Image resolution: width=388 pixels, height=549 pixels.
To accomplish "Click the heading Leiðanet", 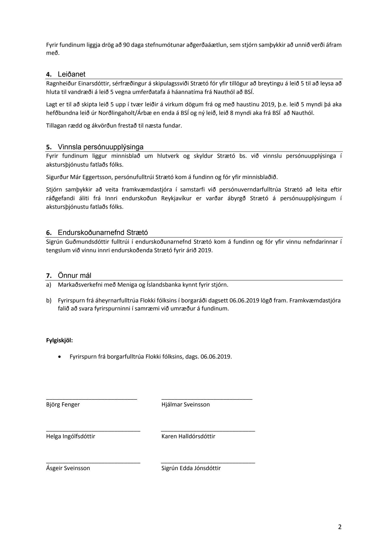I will (71, 74).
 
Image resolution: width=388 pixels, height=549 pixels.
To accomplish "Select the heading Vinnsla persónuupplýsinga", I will (100, 147).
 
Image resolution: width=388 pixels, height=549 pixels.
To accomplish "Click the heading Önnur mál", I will (74, 275).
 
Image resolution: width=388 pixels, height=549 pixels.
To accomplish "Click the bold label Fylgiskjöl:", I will (59, 340).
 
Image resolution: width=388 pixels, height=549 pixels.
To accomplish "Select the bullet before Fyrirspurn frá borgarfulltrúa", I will (60, 357).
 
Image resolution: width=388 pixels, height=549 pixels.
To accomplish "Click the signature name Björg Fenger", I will (63, 404).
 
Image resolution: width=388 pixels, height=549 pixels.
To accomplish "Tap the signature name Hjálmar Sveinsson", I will (185, 404).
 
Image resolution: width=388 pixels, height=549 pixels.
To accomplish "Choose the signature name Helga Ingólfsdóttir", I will (71, 436).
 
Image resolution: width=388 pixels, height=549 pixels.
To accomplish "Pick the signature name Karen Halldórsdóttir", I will (188, 436).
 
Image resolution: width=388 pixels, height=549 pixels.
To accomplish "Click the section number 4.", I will (49, 75).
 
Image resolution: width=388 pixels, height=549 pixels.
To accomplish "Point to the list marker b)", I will (49, 301).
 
